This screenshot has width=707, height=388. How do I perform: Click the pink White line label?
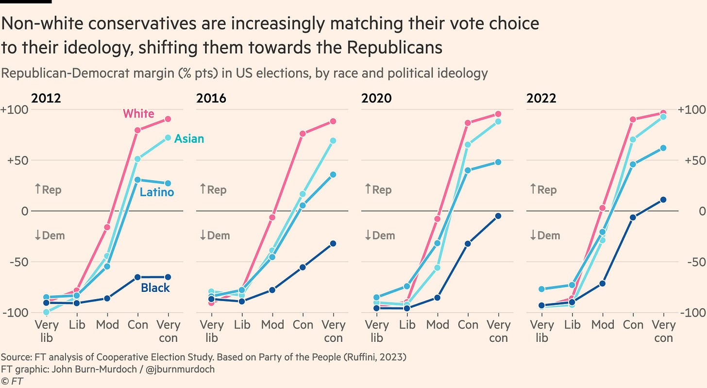(x=138, y=114)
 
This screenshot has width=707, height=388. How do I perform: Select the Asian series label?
(x=189, y=139)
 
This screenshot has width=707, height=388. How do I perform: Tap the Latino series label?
(x=156, y=192)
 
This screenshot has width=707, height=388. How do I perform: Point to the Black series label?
(x=155, y=288)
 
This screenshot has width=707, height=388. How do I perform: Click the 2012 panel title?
(x=46, y=99)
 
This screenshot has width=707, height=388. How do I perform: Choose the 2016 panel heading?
(x=211, y=99)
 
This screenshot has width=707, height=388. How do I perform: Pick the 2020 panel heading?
(x=376, y=99)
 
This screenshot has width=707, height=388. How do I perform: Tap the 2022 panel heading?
(x=541, y=99)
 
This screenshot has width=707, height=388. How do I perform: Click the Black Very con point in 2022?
(x=663, y=200)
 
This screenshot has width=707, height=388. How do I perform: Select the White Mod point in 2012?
(x=107, y=227)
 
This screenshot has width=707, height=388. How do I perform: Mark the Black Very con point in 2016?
(x=333, y=243)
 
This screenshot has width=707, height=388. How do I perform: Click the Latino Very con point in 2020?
(x=498, y=162)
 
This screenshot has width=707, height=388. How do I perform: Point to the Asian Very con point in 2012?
(x=168, y=137)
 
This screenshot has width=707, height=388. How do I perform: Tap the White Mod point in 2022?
(x=603, y=208)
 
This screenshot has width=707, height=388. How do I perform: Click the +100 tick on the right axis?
(x=693, y=110)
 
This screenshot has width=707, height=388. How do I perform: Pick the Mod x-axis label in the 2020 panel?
(x=438, y=325)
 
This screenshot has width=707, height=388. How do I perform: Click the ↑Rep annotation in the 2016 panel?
(x=213, y=189)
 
